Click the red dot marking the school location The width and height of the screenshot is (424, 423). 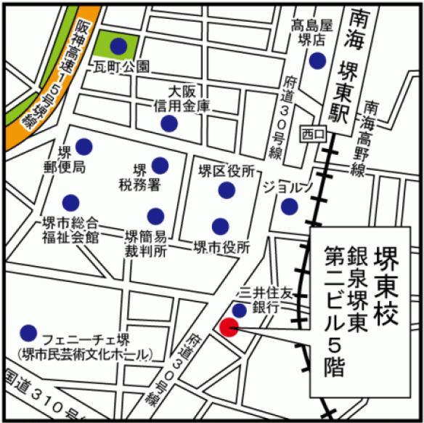point(229,328)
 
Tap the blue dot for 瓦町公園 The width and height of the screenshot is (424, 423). point(118,47)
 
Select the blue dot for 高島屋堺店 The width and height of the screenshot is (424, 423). point(317,61)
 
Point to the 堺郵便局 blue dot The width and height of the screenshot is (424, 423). point(84,145)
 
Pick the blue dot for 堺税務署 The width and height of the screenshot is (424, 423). point(160,164)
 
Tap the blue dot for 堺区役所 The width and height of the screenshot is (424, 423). point(227,190)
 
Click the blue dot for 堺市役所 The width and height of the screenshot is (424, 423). point(220,225)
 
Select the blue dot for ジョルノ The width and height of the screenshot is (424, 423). point(290,207)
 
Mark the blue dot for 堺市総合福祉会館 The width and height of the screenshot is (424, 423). point(70,202)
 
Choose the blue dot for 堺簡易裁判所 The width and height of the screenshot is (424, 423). point(155,216)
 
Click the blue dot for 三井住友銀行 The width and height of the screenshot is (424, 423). point(239,311)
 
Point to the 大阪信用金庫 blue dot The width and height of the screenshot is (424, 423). point(169,124)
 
